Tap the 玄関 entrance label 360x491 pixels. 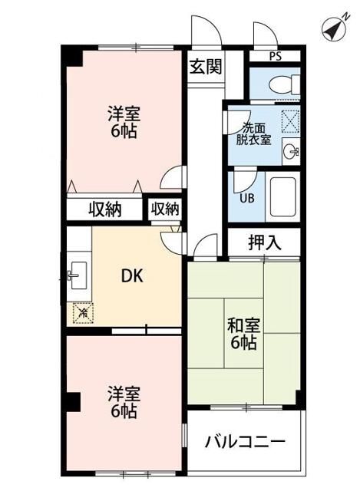click(206, 66)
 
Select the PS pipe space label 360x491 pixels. click(275, 56)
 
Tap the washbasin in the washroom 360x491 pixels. click(289, 152)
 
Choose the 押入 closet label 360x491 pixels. click(263, 243)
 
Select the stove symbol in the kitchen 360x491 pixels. click(81, 312)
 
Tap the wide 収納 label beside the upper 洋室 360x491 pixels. click(104, 209)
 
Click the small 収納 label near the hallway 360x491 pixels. click(164, 208)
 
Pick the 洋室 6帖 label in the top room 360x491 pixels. click(122, 123)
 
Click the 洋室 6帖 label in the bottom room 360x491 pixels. click(122, 404)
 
